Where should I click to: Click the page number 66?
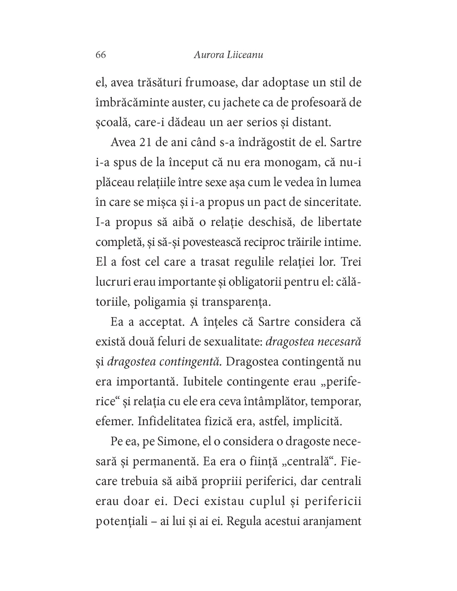[x=101, y=55]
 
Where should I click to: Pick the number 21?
[x=145, y=142]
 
